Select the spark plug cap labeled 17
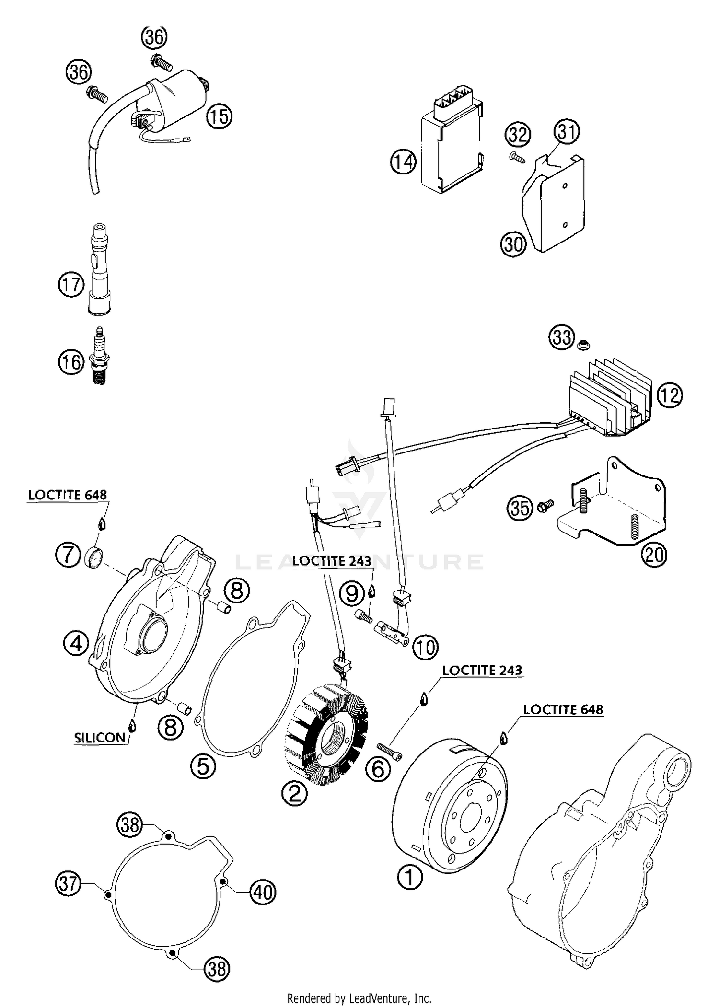coord(100,271)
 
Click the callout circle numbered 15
coord(219,116)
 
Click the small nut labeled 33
coord(583,345)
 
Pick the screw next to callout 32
coord(516,157)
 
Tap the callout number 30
coord(513,244)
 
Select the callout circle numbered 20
coord(654,555)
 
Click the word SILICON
coord(100,738)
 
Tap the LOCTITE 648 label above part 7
coord(67,495)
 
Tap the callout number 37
coord(68,883)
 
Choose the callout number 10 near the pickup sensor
coord(425,648)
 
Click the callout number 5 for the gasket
coord(203,766)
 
